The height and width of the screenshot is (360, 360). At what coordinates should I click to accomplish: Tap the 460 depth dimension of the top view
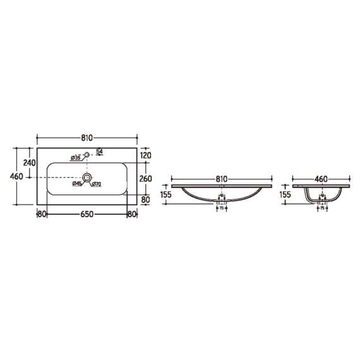(16, 176)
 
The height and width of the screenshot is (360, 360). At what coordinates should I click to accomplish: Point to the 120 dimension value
(147, 155)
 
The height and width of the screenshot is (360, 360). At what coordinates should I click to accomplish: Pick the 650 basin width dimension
(87, 214)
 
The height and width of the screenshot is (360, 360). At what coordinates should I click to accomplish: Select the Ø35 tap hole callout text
(75, 158)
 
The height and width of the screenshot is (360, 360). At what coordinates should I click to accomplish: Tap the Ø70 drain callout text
(96, 184)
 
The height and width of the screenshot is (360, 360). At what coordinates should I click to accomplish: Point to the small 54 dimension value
(100, 150)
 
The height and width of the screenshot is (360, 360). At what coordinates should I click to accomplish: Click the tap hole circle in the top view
(87, 153)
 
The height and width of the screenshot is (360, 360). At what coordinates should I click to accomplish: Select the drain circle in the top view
(87, 177)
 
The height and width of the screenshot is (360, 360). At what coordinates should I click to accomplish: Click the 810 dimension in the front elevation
(221, 179)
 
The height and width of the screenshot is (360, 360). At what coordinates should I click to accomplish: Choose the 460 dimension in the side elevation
(321, 179)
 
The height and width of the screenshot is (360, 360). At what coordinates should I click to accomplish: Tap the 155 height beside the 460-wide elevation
(285, 195)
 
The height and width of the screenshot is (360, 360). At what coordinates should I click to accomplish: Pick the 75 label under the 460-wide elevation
(321, 207)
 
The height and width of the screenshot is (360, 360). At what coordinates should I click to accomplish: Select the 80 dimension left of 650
(42, 214)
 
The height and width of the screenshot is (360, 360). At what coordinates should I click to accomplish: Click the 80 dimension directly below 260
(146, 200)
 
